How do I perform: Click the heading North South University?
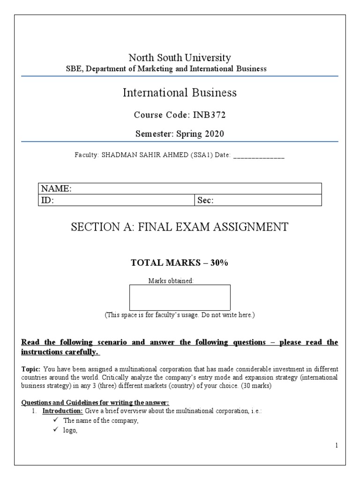click(x=180, y=58)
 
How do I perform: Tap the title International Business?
click(x=180, y=93)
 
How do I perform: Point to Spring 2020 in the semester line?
click(x=200, y=134)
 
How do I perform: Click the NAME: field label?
click(x=56, y=189)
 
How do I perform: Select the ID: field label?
click(x=48, y=201)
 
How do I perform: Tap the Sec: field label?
click(x=205, y=201)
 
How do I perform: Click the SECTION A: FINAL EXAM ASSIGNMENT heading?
click(x=180, y=227)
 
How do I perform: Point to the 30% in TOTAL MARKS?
click(x=219, y=263)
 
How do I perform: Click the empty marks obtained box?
click(x=180, y=297)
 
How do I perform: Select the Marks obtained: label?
click(x=171, y=281)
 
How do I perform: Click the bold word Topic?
click(x=31, y=369)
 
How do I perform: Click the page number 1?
click(x=337, y=445)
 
